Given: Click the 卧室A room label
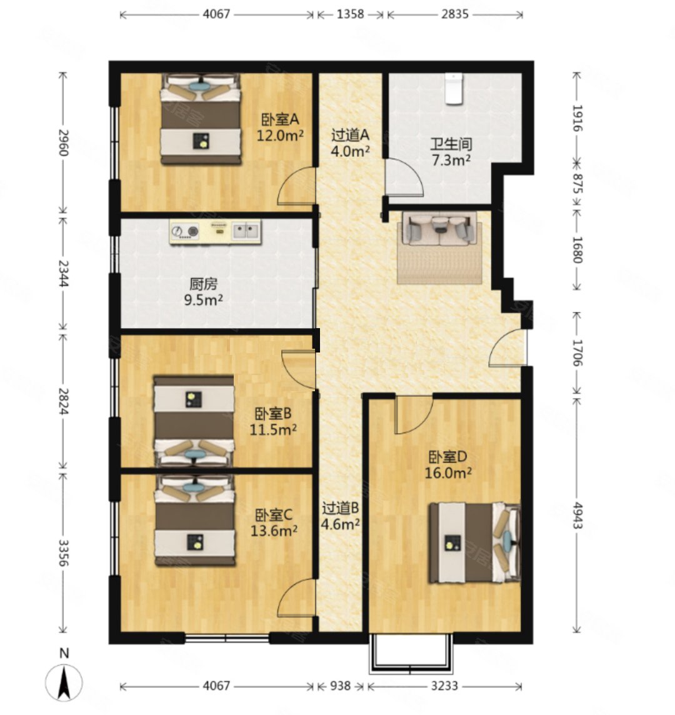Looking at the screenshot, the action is [x=280, y=119].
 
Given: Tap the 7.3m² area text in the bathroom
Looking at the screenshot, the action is [x=451, y=160].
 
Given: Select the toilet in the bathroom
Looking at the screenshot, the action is [x=454, y=89].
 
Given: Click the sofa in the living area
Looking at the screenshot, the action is [x=440, y=228].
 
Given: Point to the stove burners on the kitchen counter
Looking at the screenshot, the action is [x=185, y=232].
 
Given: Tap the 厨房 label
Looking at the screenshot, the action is [x=203, y=284].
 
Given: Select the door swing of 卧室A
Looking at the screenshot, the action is [x=296, y=186].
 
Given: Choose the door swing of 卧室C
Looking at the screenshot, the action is [x=296, y=597].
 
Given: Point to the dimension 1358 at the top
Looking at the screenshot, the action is [x=350, y=14].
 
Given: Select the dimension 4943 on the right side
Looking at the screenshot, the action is [x=577, y=515].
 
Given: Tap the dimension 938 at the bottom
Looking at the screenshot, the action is [x=340, y=686].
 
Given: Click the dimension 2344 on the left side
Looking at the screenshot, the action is [x=63, y=273].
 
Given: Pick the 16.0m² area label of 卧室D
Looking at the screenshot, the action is [x=448, y=473].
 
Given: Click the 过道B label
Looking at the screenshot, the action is [x=340, y=507].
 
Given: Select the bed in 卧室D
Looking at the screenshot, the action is [x=474, y=542].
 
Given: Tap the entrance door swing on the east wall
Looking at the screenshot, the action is [x=507, y=347].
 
